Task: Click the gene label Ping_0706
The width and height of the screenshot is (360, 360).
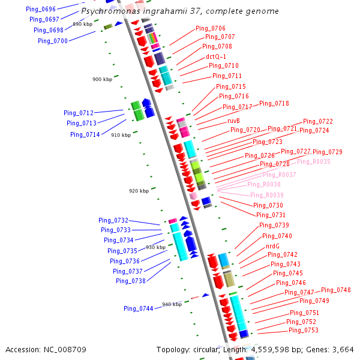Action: tap(211, 28)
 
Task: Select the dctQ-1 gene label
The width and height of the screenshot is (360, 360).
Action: tap(216, 56)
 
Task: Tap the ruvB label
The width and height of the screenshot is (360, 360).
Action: tap(234, 121)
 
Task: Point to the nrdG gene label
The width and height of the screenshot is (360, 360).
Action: tap(272, 246)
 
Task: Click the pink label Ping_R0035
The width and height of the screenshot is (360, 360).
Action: tap(313, 161)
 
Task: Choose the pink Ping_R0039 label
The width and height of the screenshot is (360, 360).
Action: tap(267, 195)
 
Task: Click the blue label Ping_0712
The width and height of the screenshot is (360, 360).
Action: tap(79, 113)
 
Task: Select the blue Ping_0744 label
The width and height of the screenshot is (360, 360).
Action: tap(139, 308)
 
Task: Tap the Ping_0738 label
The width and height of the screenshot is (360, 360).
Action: tap(131, 281)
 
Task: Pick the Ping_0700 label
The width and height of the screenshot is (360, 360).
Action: tap(53, 41)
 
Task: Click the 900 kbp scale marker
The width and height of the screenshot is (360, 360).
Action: tap(102, 79)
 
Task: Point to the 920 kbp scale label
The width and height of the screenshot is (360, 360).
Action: tap(139, 191)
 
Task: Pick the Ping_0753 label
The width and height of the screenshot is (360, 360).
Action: tap(304, 330)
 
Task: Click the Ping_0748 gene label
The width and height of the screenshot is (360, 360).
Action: tap(336, 290)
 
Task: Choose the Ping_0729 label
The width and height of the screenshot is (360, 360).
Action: tap(328, 152)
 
